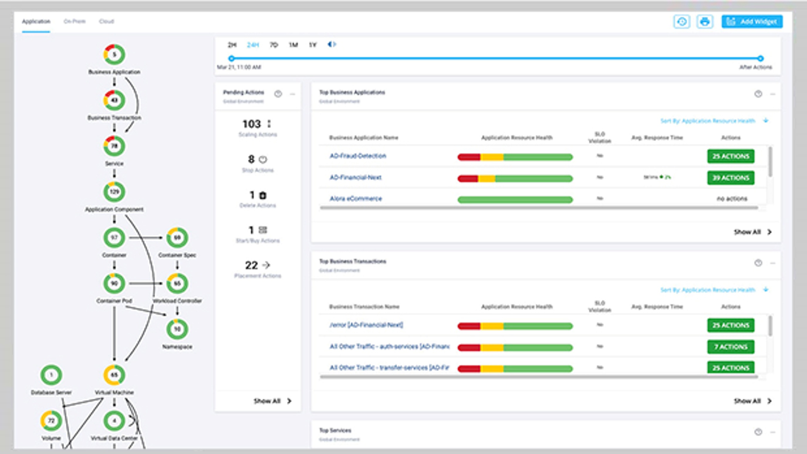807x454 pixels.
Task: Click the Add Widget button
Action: (752, 22)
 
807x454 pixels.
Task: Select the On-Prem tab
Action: (75, 21)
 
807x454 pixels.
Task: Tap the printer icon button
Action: (705, 22)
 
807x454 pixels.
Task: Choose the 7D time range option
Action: (273, 45)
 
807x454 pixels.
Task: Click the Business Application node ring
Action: (114, 55)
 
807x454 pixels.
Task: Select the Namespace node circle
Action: (177, 329)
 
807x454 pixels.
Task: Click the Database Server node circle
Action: (51, 375)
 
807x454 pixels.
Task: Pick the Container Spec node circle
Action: (177, 238)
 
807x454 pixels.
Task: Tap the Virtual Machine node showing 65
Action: (114, 375)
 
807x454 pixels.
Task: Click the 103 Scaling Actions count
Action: (251, 124)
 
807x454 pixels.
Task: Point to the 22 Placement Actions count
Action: (251, 266)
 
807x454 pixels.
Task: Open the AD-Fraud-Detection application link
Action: (358, 156)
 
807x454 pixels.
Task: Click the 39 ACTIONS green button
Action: (731, 178)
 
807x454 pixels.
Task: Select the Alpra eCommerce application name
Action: (356, 199)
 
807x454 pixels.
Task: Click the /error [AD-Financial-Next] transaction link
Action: (366, 325)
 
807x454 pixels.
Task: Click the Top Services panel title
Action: (335, 431)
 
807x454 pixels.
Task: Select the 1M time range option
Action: (293, 45)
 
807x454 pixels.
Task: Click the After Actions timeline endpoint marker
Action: (760, 59)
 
